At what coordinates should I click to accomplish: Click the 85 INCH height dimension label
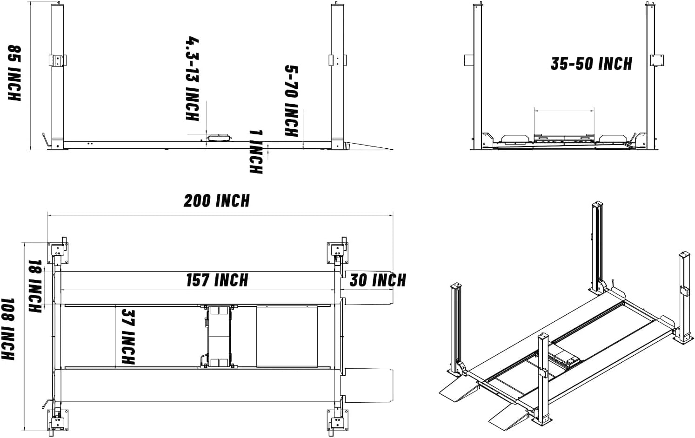(x=14, y=73)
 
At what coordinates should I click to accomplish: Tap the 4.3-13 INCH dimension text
(x=192, y=78)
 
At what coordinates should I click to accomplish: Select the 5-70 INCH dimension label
(x=291, y=101)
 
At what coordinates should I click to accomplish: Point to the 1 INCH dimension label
(x=256, y=152)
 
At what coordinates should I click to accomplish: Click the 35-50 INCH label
(x=591, y=64)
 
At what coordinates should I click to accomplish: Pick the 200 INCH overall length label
(x=217, y=201)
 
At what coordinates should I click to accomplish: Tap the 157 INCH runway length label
(x=217, y=280)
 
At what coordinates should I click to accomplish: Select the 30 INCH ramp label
(x=378, y=280)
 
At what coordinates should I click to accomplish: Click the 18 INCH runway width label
(x=35, y=286)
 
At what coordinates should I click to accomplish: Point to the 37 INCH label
(x=128, y=336)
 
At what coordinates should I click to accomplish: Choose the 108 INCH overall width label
(x=8, y=329)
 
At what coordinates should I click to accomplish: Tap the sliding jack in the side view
(x=219, y=137)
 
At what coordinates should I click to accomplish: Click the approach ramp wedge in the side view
(x=368, y=145)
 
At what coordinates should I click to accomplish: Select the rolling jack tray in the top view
(x=218, y=336)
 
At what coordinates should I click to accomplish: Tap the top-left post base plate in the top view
(x=58, y=252)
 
